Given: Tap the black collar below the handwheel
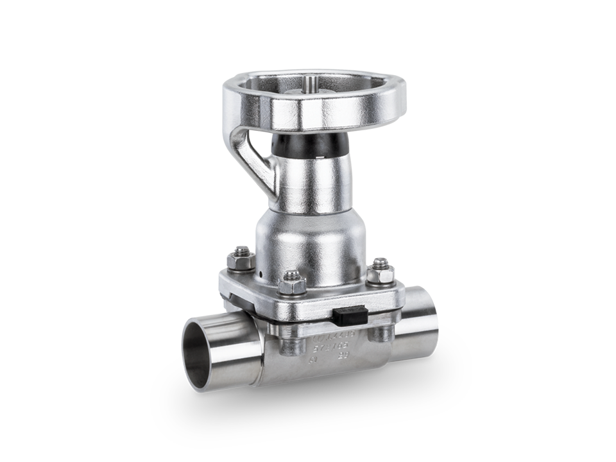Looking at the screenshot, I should coord(312,146).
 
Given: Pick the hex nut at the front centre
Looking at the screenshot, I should coord(292,280).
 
